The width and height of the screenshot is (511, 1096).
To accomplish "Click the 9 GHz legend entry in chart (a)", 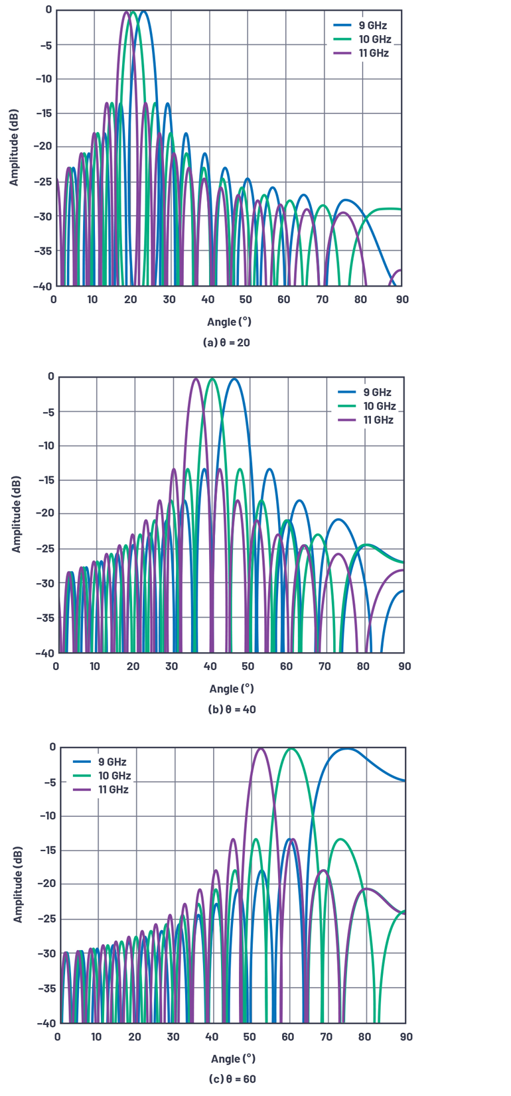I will point(372,25).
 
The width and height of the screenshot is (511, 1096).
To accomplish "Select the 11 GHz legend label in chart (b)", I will point(378,420).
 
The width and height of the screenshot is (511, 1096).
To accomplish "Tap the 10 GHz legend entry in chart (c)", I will point(114,776).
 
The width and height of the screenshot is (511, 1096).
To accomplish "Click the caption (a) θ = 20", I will point(226,342).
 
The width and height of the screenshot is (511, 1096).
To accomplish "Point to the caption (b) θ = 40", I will point(232,709).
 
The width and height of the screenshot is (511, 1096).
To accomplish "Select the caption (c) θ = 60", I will point(232,1079).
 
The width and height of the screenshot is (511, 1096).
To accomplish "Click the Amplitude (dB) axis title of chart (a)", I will point(14,147).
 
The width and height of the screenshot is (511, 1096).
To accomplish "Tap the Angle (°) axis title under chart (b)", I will point(232,689).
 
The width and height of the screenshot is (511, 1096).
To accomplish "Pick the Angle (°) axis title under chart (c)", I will point(233,1058).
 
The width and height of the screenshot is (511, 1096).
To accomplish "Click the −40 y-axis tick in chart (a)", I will point(43,286).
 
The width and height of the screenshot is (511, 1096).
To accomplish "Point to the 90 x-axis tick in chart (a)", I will point(402,299).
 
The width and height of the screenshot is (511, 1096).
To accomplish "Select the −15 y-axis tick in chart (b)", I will point(46,480).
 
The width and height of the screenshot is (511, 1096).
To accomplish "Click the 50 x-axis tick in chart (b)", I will point(248,666).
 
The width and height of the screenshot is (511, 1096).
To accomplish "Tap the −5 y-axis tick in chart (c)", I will point(49,783).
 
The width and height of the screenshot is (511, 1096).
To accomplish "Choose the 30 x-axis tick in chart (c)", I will point(173,1036).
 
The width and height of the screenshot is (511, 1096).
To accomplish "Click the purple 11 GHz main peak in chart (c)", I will point(261,749).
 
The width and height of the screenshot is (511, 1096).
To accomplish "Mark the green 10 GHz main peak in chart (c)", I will point(291,749).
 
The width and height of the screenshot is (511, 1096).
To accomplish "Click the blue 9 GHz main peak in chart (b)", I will point(234,379).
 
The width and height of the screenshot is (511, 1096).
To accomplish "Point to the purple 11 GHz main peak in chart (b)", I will point(196,379).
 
